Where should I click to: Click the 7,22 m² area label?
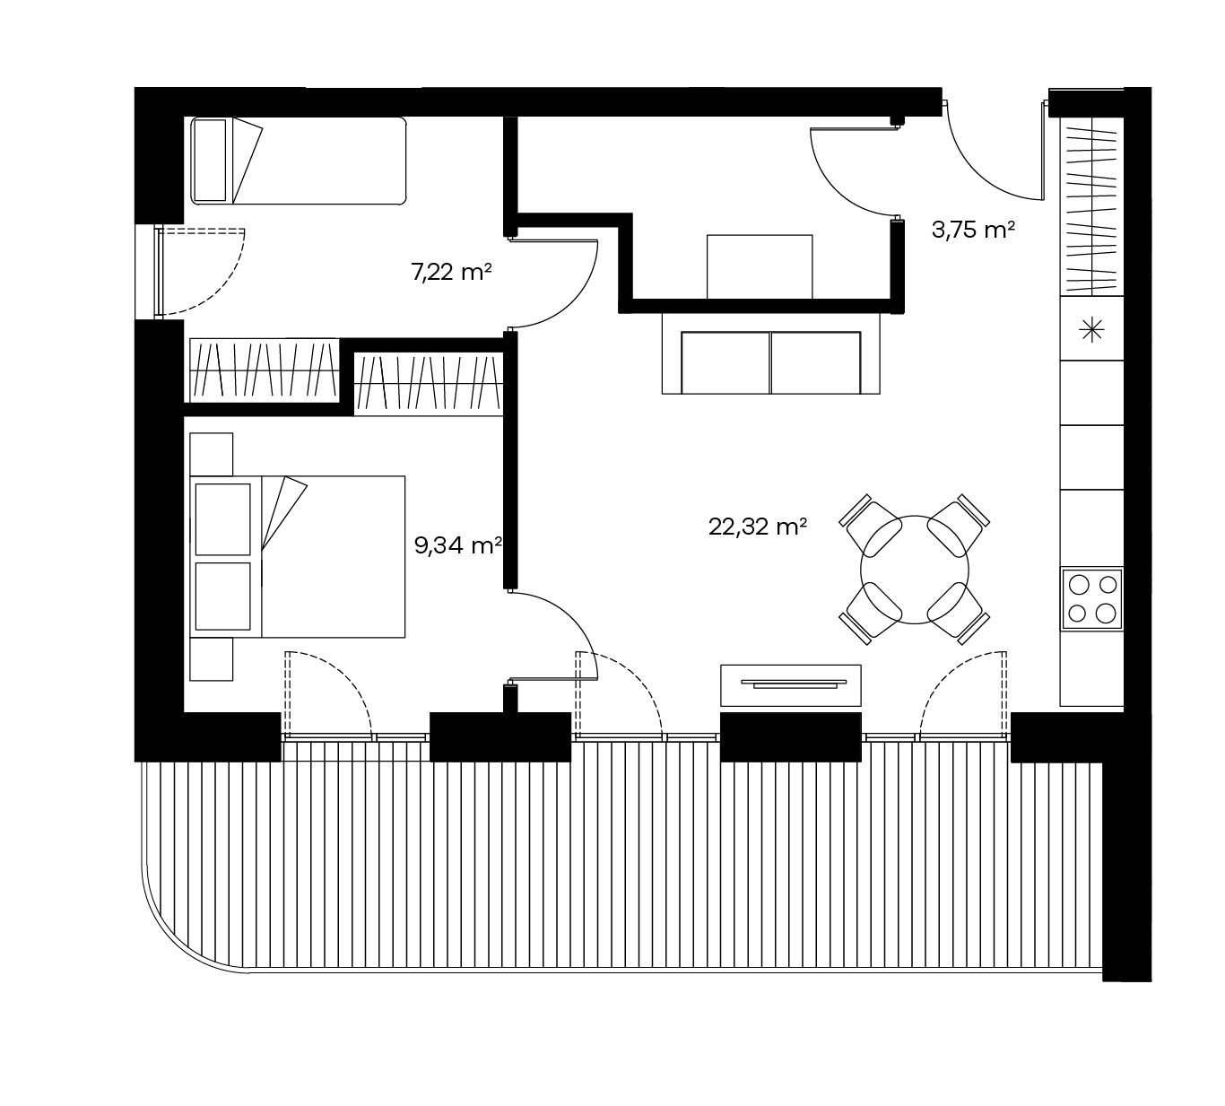pos(451,272)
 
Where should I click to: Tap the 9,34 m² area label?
pos(458,544)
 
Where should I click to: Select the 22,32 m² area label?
pos(757,527)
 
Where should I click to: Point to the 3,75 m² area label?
pos(973,230)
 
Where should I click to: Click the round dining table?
pos(914,570)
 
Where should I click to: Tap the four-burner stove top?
pos(1092,599)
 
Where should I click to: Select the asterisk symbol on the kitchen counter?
pos(1092,331)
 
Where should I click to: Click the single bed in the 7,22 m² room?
pos(298,161)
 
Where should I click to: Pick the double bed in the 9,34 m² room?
pos(298,557)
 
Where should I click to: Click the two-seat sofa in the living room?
pos(770,353)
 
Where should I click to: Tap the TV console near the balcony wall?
pos(791,685)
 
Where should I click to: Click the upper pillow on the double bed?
pos(223,519)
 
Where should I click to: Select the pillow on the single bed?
pos(210,161)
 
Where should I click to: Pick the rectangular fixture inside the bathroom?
pos(760,267)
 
